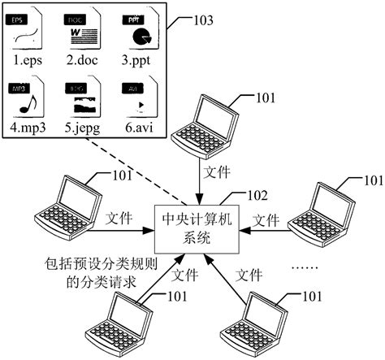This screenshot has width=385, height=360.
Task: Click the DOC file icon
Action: [83, 29]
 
